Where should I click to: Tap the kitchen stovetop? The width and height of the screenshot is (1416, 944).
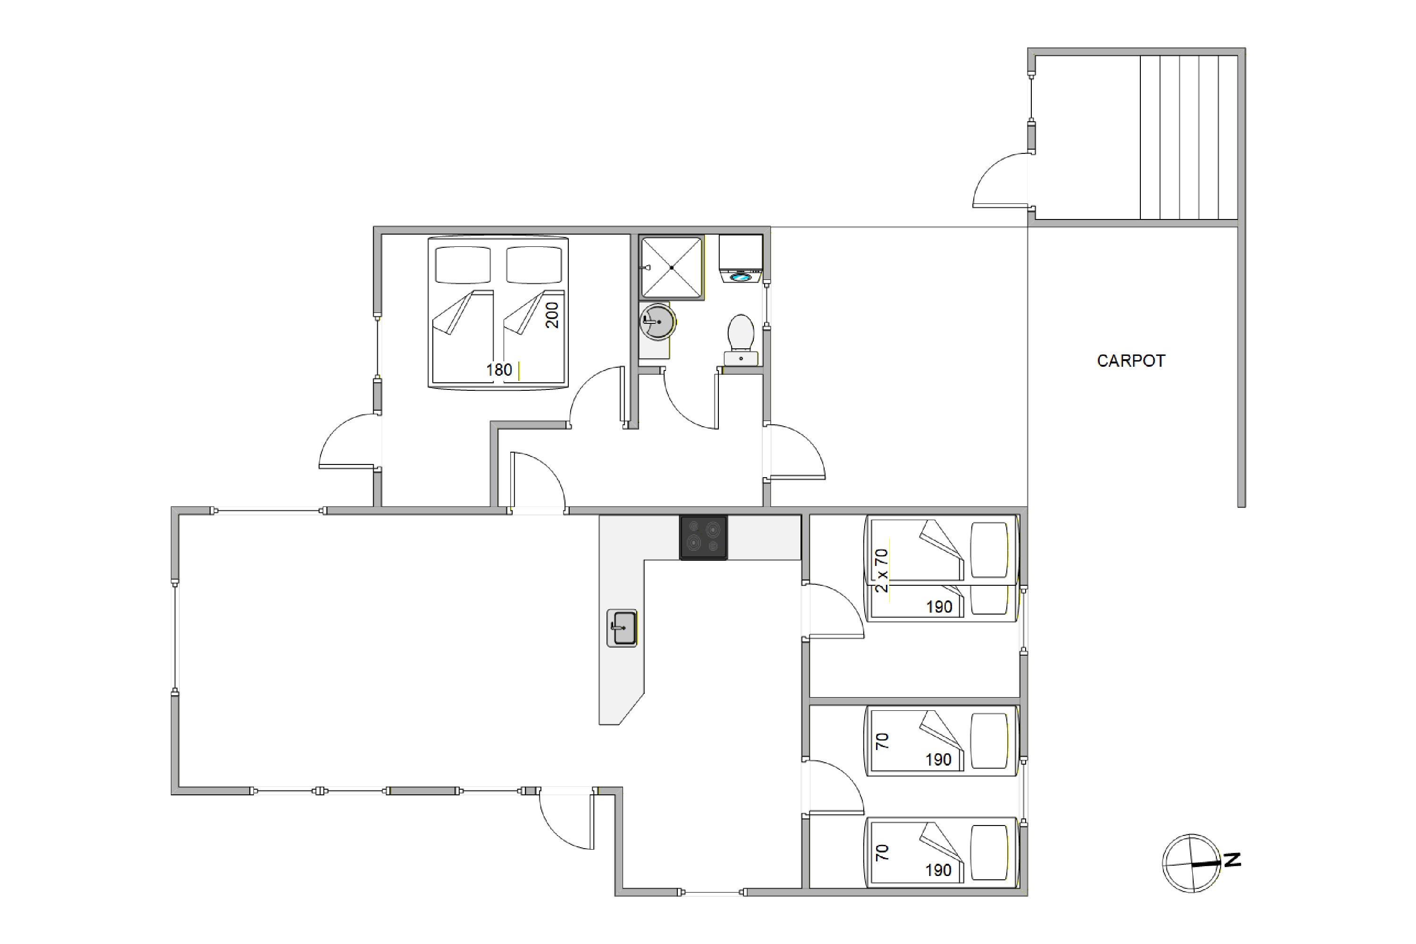(703, 538)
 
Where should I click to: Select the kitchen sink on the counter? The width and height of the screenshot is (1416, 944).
(622, 628)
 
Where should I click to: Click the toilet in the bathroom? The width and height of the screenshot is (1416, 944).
(741, 339)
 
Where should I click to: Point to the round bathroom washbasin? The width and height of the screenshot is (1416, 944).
(657, 321)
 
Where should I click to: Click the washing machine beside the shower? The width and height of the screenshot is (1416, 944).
(741, 259)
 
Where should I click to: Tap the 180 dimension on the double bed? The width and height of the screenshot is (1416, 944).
(499, 370)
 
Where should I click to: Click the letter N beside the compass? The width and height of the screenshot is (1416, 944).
(1232, 860)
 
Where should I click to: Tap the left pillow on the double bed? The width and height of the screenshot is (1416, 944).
(463, 264)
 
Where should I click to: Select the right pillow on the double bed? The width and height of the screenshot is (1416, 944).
(534, 264)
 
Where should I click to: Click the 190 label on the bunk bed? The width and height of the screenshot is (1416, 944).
(939, 607)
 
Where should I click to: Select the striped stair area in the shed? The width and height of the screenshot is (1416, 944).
(1188, 137)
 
